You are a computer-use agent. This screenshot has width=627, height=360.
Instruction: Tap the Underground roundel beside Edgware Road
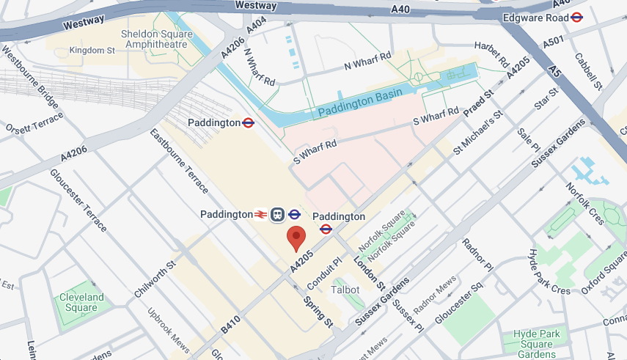tap(576, 18)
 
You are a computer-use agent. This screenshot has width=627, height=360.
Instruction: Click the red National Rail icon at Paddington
tap(260, 215)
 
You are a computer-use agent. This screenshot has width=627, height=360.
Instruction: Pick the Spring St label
tap(318, 312)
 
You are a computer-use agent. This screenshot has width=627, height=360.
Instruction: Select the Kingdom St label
tap(92, 50)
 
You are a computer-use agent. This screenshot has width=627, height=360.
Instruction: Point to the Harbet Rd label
tap(491, 55)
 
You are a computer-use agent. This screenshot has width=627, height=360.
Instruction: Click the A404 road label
tap(256, 26)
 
